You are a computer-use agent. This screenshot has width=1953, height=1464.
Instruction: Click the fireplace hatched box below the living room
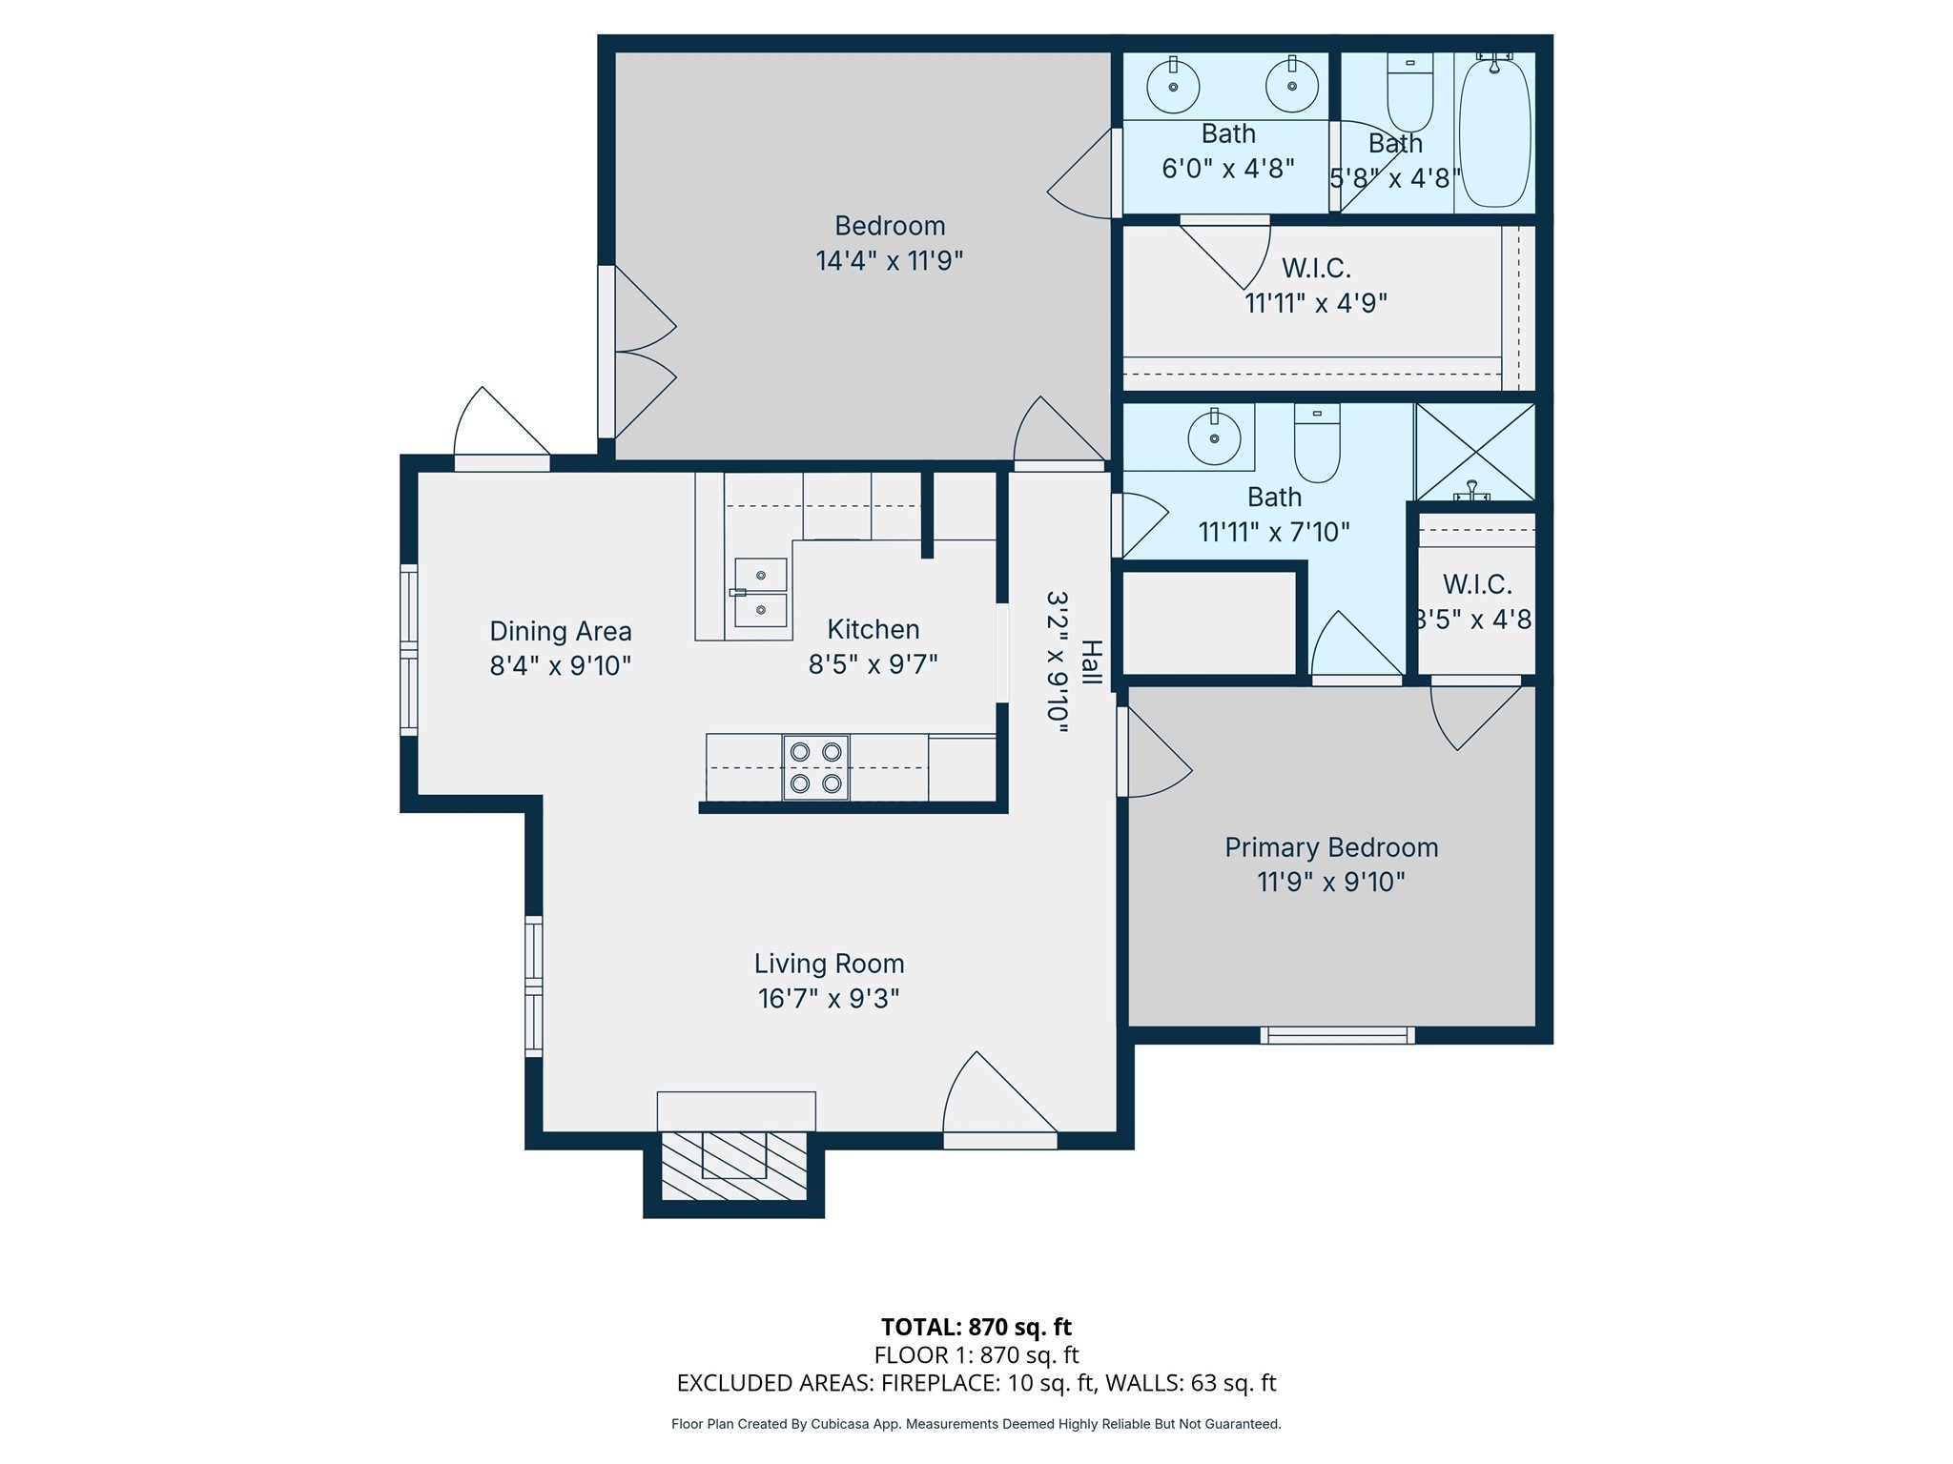733,1167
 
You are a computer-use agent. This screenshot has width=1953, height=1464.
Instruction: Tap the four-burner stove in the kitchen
815,767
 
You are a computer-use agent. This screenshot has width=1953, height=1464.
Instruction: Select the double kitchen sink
760,593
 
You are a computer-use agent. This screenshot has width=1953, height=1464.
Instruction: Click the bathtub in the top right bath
1494,132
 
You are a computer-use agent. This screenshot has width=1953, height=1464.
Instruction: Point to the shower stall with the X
1474,452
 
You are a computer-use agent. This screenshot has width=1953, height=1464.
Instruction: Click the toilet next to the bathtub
1409,95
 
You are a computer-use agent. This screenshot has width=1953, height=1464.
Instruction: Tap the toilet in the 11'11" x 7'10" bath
1317,443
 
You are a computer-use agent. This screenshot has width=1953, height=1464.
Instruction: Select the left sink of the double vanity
1173,86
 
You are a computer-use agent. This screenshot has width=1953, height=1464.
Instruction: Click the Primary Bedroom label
1331,847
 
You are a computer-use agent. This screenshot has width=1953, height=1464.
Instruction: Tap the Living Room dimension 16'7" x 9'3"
829,998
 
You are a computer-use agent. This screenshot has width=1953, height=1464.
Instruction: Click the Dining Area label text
561,631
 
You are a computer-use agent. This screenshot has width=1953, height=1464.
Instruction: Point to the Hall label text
1091,662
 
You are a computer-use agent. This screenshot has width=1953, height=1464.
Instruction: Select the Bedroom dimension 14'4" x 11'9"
889,260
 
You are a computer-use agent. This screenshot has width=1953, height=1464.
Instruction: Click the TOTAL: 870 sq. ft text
976,1327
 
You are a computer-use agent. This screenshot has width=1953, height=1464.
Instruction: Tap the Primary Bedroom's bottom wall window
1337,1035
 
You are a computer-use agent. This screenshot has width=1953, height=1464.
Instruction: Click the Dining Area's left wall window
408,649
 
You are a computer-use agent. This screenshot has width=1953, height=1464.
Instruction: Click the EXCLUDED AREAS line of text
976,1383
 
